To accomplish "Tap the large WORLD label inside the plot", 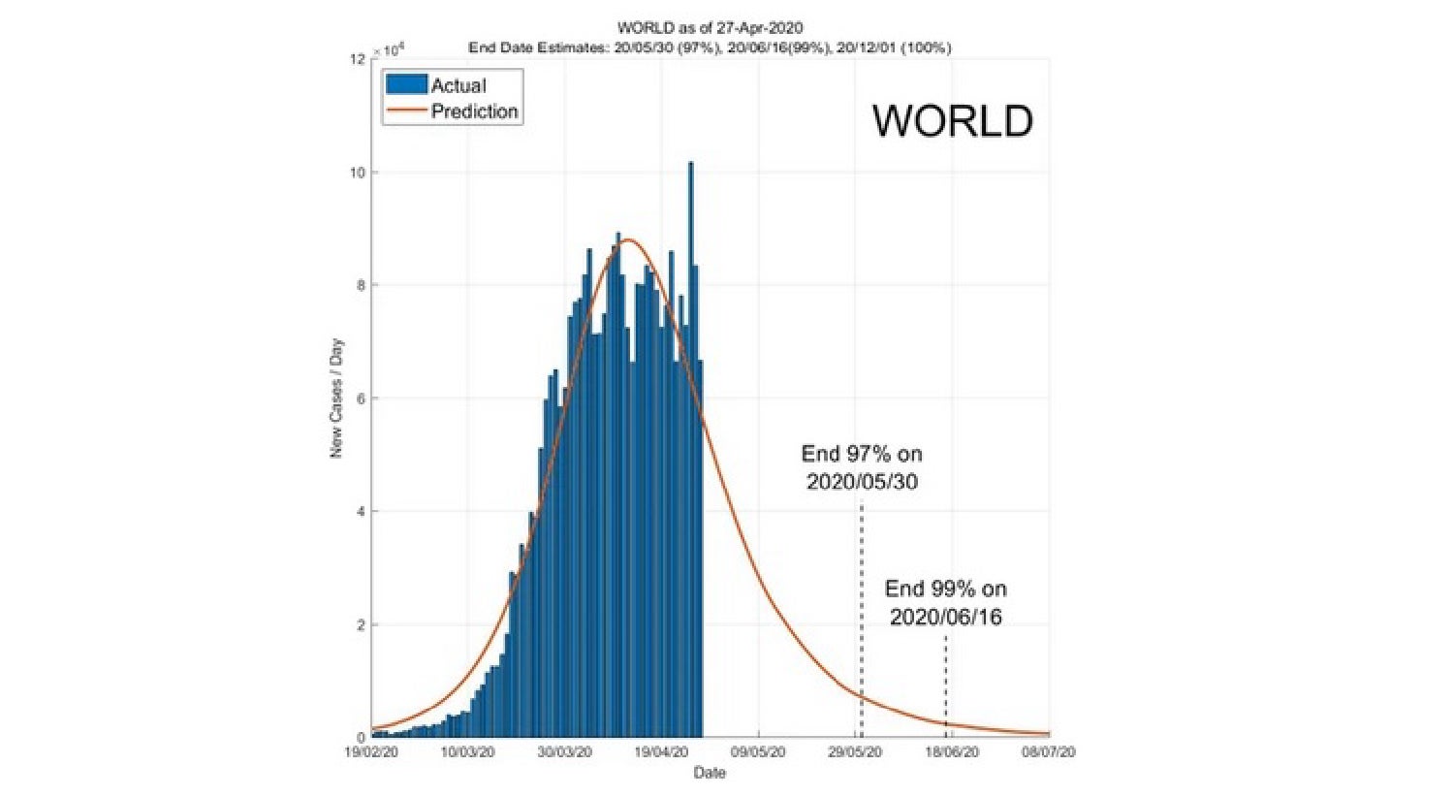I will coord(952,121).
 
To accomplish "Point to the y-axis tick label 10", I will coord(358,173).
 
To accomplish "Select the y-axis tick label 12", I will coord(358,60).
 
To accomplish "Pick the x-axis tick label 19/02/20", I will coord(371,752).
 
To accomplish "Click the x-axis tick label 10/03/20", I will coord(467,752).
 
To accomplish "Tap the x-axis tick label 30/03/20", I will coord(564,752).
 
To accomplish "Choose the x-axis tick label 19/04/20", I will coord(661,752).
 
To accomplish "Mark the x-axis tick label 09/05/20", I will coord(758,752).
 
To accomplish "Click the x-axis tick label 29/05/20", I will coord(855,752).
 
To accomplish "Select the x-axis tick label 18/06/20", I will coord(952,752).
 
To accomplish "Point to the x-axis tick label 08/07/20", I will coord(1049,752).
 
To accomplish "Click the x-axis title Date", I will coord(710,773).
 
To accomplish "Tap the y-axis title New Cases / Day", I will coord(336,398).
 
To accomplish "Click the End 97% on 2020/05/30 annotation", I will coord(862,467).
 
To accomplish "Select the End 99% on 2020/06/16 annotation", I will coord(945,602).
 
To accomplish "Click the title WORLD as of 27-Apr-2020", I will coord(710,28).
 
